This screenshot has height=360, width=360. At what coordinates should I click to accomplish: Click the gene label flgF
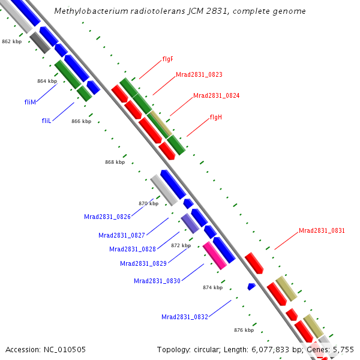(167, 59)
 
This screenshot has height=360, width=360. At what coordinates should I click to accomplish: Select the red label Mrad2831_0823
(199, 75)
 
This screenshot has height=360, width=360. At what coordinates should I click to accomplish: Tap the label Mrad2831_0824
(216, 95)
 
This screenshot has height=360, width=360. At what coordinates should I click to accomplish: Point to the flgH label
(216, 117)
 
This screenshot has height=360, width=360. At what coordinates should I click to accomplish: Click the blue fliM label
(31, 102)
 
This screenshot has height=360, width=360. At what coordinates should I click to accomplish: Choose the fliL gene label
(47, 121)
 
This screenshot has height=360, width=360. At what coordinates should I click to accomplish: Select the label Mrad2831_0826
(107, 217)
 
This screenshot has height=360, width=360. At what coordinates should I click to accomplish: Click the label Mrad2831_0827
(121, 235)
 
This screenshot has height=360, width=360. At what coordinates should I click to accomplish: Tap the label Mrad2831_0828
(132, 249)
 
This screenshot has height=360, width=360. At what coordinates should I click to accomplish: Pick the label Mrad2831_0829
(143, 263)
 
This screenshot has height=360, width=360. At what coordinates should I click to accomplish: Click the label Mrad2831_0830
(157, 281)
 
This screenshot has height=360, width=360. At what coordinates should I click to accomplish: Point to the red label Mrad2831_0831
(322, 230)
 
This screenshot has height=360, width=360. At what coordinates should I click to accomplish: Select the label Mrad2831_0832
(184, 317)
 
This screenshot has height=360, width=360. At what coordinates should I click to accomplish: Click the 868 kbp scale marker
(115, 162)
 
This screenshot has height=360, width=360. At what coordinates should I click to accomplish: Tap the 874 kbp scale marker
(212, 287)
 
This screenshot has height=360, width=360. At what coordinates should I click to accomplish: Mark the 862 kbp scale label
(12, 42)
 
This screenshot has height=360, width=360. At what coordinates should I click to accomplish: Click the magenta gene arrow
(214, 255)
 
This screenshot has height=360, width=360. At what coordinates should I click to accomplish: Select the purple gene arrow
(190, 223)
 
